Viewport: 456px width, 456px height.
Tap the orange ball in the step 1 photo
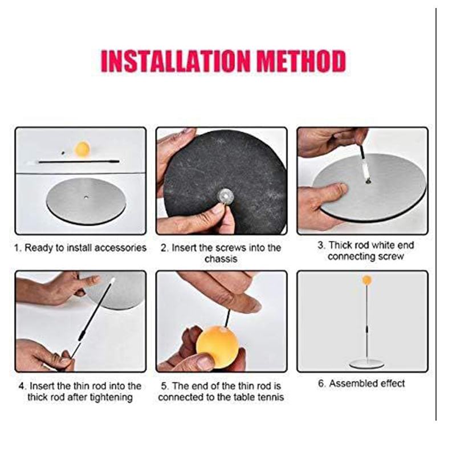[x=83, y=149]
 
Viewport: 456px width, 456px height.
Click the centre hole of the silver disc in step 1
[x=86, y=197]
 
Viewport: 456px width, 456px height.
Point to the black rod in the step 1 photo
[x=79, y=161]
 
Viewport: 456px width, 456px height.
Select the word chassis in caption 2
[x=221, y=259]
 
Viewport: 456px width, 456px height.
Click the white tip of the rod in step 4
[x=112, y=281]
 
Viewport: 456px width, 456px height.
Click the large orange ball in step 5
[x=217, y=347]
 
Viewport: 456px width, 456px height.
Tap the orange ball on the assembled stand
[x=367, y=280]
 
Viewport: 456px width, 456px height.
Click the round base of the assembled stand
[x=367, y=363]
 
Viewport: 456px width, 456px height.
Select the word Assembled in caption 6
[x=352, y=384]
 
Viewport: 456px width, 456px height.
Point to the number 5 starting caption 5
[x=164, y=386]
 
